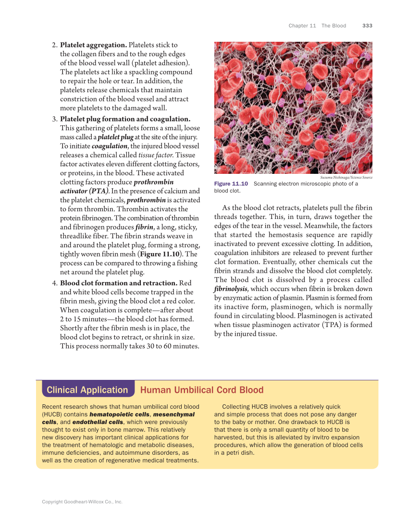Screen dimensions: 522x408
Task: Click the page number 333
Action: tap(367, 26)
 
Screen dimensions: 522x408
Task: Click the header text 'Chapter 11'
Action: tap(302, 26)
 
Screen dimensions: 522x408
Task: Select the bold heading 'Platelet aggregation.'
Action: tap(93, 45)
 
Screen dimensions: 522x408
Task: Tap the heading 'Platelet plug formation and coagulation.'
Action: tap(125, 119)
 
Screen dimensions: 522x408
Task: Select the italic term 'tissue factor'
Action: tap(156, 155)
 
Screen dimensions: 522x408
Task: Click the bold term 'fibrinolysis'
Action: tap(231, 289)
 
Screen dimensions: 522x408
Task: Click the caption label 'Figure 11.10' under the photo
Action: tap(231, 184)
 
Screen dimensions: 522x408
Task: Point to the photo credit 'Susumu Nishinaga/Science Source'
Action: tap(346, 178)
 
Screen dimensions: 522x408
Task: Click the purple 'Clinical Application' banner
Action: tap(87, 390)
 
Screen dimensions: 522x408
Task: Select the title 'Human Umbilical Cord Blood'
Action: tap(202, 390)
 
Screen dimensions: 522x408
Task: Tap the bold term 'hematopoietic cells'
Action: tap(119, 414)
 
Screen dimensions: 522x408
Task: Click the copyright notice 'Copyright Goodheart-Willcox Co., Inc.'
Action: tap(82, 502)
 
